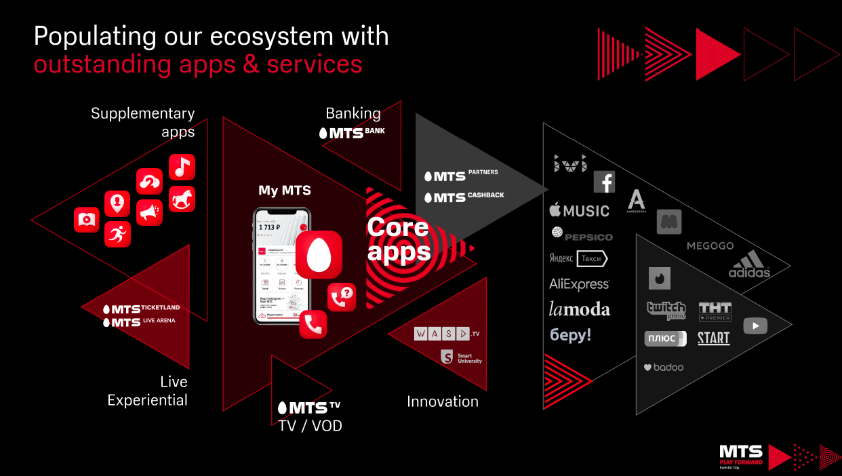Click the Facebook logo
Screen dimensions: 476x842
(x=604, y=182)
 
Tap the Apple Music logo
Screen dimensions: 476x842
(x=579, y=211)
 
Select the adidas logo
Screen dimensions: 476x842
(x=749, y=264)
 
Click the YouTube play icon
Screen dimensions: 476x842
(x=755, y=325)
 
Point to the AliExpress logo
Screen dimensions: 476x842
(x=579, y=284)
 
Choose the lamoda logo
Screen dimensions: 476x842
(x=579, y=310)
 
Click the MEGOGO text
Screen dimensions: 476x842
(x=710, y=245)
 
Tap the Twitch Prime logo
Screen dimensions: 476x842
(x=666, y=310)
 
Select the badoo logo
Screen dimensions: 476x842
(x=663, y=367)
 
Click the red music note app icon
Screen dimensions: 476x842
(x=182, y=167)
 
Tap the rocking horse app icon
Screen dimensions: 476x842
(x=182, y=199)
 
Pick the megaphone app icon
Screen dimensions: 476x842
(x=149, y=212)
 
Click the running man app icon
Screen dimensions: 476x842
(x=117, y=234)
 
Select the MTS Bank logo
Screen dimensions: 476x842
(x=351, y=133)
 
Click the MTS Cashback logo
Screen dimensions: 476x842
(x=464, y=197)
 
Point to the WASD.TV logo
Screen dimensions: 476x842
(x=446, y=334)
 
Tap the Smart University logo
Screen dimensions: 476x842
(x=461, y=357)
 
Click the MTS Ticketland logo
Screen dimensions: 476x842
(x=141, y=309)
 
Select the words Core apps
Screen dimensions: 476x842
(x=398, y=239)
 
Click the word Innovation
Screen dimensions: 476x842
(x=442, y=401)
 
